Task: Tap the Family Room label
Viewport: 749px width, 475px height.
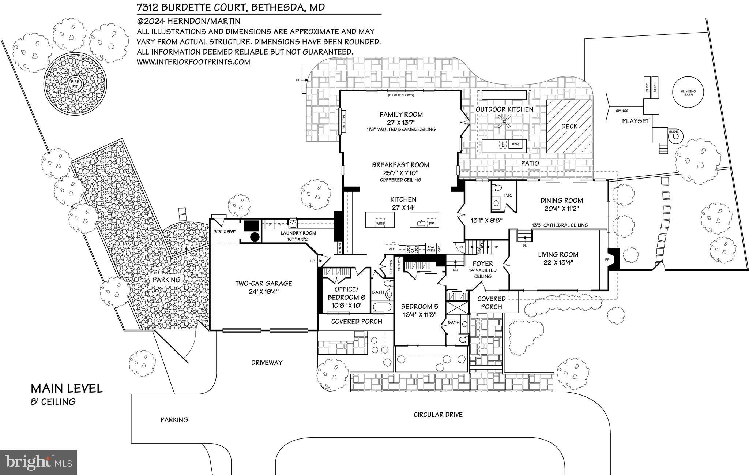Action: [401, 115]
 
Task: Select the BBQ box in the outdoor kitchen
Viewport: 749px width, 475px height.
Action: [515, 144]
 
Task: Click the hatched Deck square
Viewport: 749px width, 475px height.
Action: [569, 126]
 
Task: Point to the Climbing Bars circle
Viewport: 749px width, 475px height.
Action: [688, 93]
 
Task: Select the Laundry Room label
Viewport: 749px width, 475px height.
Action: [298, 233]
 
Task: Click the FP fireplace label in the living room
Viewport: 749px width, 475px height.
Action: [607, 259]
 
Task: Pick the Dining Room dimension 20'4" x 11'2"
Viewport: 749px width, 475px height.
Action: [561, 209]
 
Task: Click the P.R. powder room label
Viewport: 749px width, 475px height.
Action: [508, 195]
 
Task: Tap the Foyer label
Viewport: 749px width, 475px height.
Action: [483, 263]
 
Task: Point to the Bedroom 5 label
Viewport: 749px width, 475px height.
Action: [419, 307]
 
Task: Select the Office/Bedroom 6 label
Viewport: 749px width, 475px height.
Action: [346, 293]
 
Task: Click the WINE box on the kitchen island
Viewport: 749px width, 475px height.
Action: [380, 223]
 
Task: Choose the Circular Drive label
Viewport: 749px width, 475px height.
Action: [438, 415]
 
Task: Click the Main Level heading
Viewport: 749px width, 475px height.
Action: [67, 388]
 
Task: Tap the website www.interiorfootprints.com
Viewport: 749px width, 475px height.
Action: [193, 62]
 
